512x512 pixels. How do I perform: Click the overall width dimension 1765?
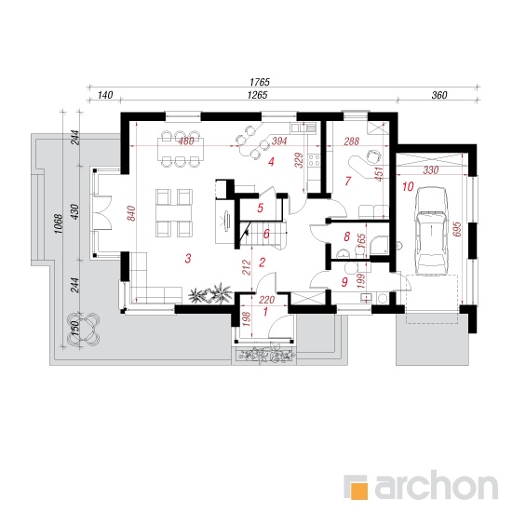click(x=260, y=82)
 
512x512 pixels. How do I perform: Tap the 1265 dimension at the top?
click(x=257, y=95)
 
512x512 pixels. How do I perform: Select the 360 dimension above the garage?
click(x=439, y=95)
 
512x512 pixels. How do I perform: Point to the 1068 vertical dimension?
click(x=58, y=223)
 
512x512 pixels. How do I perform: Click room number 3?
click(x=188, y=259)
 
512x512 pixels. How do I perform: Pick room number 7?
click(x=347, y=181)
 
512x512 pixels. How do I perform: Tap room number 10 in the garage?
click(x=408, y=187)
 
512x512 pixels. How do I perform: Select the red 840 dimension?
click(x=131, y=213)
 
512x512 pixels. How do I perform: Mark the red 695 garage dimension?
click(x=457, y=229)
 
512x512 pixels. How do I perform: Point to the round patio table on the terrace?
click(x=83, y=329)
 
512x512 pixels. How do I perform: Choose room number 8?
click(x=347, y=236)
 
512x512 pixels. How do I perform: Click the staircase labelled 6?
click(x=263, y=234)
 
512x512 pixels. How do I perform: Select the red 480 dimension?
click(x=186, y=141)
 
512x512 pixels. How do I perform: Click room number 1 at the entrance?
click(x=265, y=312)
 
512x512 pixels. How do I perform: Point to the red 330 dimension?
click(x=431, y=170)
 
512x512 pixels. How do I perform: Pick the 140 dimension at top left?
click(x=105, y=95)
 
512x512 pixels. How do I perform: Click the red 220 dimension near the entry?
click(x=267, y=300)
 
